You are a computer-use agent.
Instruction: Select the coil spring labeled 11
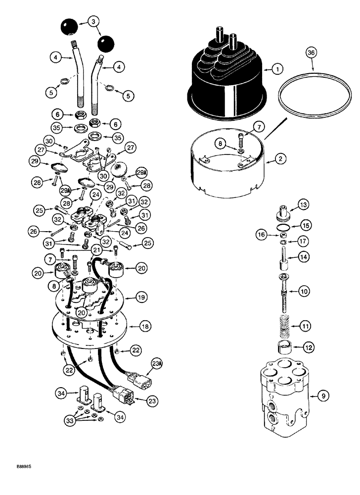click(282, 327)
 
